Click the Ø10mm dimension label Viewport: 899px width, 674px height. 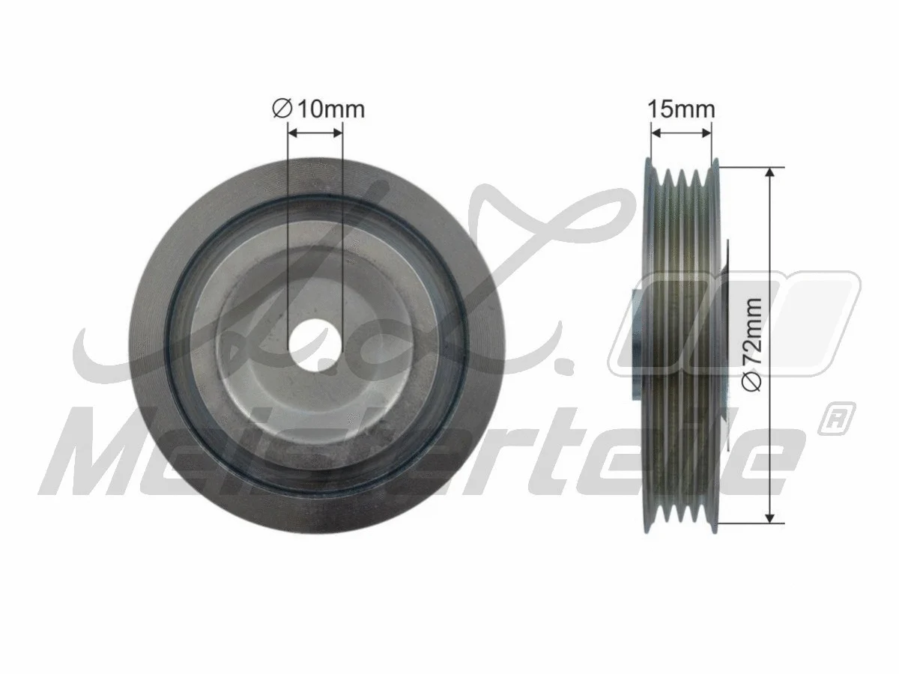coord(318,109)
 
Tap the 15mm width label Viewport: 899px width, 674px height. coord(681,109)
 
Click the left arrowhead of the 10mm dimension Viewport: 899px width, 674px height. coord(293,133)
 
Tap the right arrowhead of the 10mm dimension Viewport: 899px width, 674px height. coord(338,133)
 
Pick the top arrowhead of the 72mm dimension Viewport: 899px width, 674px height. coord(770,171)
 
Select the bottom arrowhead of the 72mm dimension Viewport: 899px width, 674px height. coord(770,518)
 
